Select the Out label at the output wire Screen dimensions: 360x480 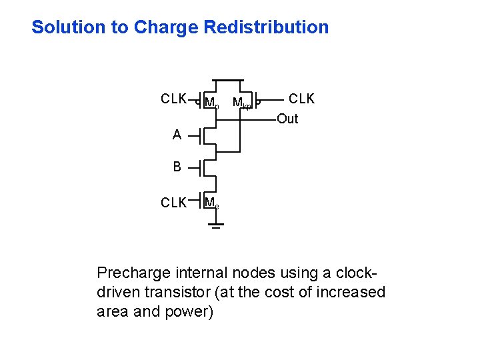pos(287,119)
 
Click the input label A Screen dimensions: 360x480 pos(177,135)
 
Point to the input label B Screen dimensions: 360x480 pos(177,167)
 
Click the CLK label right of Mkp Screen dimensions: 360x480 pos(301,99)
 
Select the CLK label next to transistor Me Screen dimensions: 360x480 pos(173,203)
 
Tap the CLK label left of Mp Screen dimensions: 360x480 pos(173,99)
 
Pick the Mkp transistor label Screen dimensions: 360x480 pos(241,103)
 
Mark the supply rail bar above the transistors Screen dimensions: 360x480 pos(223,80)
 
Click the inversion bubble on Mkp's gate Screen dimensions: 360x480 pos(259,102)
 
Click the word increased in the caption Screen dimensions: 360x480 pos(349,292)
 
